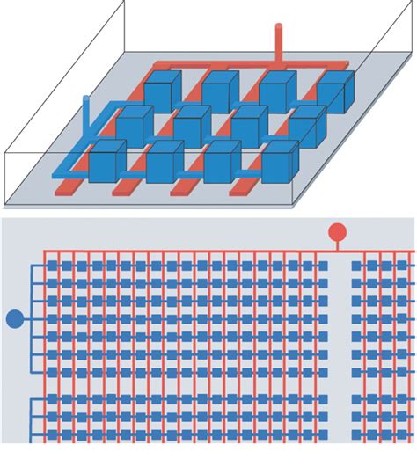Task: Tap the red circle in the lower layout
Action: point(337,232)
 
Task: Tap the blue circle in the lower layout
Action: point(15,318)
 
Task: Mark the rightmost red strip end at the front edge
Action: point(241,188)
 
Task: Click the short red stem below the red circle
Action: point(337,246)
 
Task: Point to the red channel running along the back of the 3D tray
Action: point(220,65)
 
